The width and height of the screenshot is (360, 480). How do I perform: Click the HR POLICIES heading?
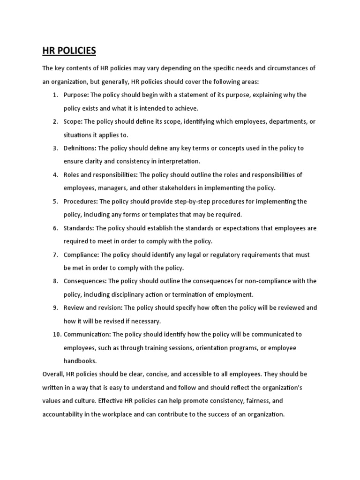(69, 50)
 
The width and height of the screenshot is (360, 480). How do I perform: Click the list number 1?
(55, 95)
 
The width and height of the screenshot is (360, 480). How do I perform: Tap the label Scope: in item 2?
(73, 121)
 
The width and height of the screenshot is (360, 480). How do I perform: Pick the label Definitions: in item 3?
(80, 148)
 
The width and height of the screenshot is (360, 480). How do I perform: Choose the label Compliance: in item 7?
(81, 255)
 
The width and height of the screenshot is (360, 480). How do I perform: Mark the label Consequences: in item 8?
(85, 281)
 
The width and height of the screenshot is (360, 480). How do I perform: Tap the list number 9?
(55, 308)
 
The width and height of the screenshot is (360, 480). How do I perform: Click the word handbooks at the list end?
(80, 361)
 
